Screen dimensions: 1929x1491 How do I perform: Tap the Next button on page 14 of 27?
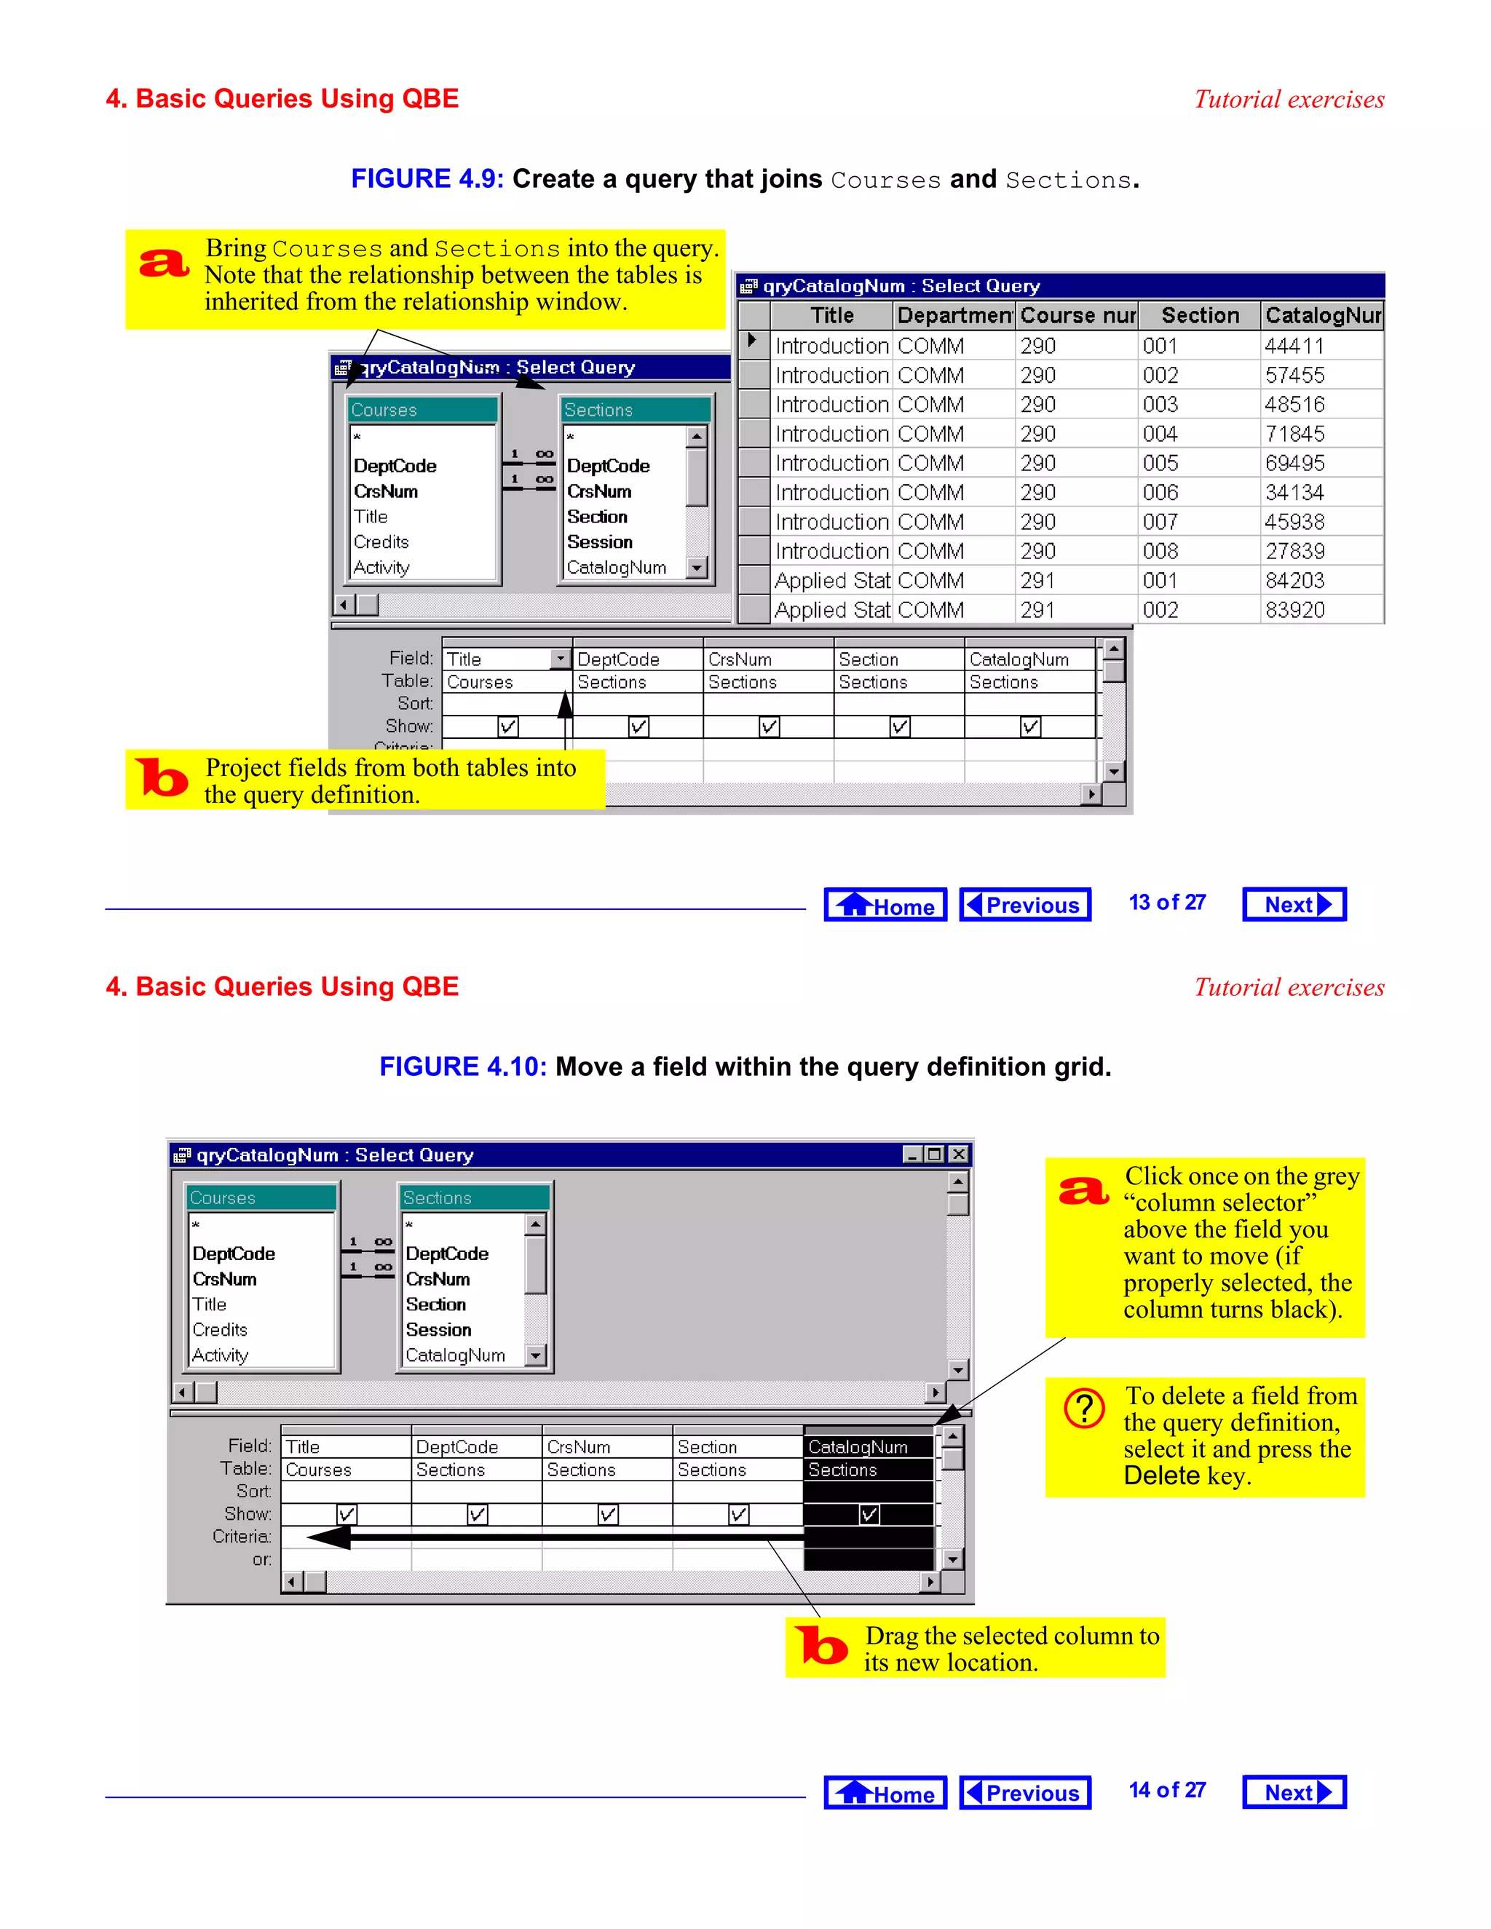(x=1294, y=1792)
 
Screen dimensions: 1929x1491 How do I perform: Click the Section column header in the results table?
(x=1200, y=315)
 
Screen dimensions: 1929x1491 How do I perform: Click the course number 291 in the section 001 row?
(x=1038, y=581)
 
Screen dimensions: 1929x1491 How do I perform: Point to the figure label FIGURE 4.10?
(x=463, y=1067)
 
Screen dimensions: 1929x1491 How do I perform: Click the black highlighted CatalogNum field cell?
(x=858, y=1447)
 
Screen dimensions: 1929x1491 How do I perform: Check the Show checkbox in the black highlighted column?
(x=869, y=1515)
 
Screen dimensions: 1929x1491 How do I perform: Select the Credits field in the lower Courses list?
(x=220, y=1329)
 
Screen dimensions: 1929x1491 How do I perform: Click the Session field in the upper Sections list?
(x=600, y=542)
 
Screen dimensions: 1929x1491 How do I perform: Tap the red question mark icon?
(x=1084, y=1409)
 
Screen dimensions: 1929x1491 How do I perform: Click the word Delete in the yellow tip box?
(x=1161, y=1476)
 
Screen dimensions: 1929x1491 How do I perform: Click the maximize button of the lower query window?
(x=935, y=1154)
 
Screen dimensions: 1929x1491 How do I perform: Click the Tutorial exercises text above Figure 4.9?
(x=1289, y=100)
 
